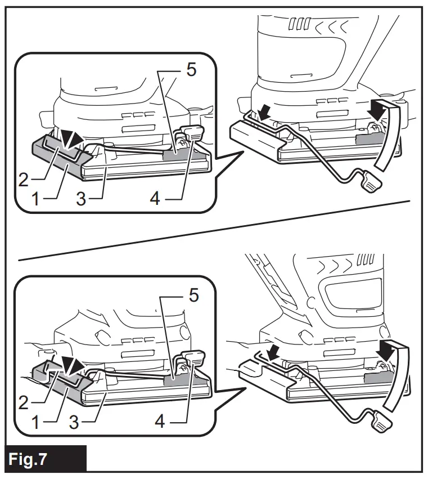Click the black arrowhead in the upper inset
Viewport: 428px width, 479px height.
point(73,140)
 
